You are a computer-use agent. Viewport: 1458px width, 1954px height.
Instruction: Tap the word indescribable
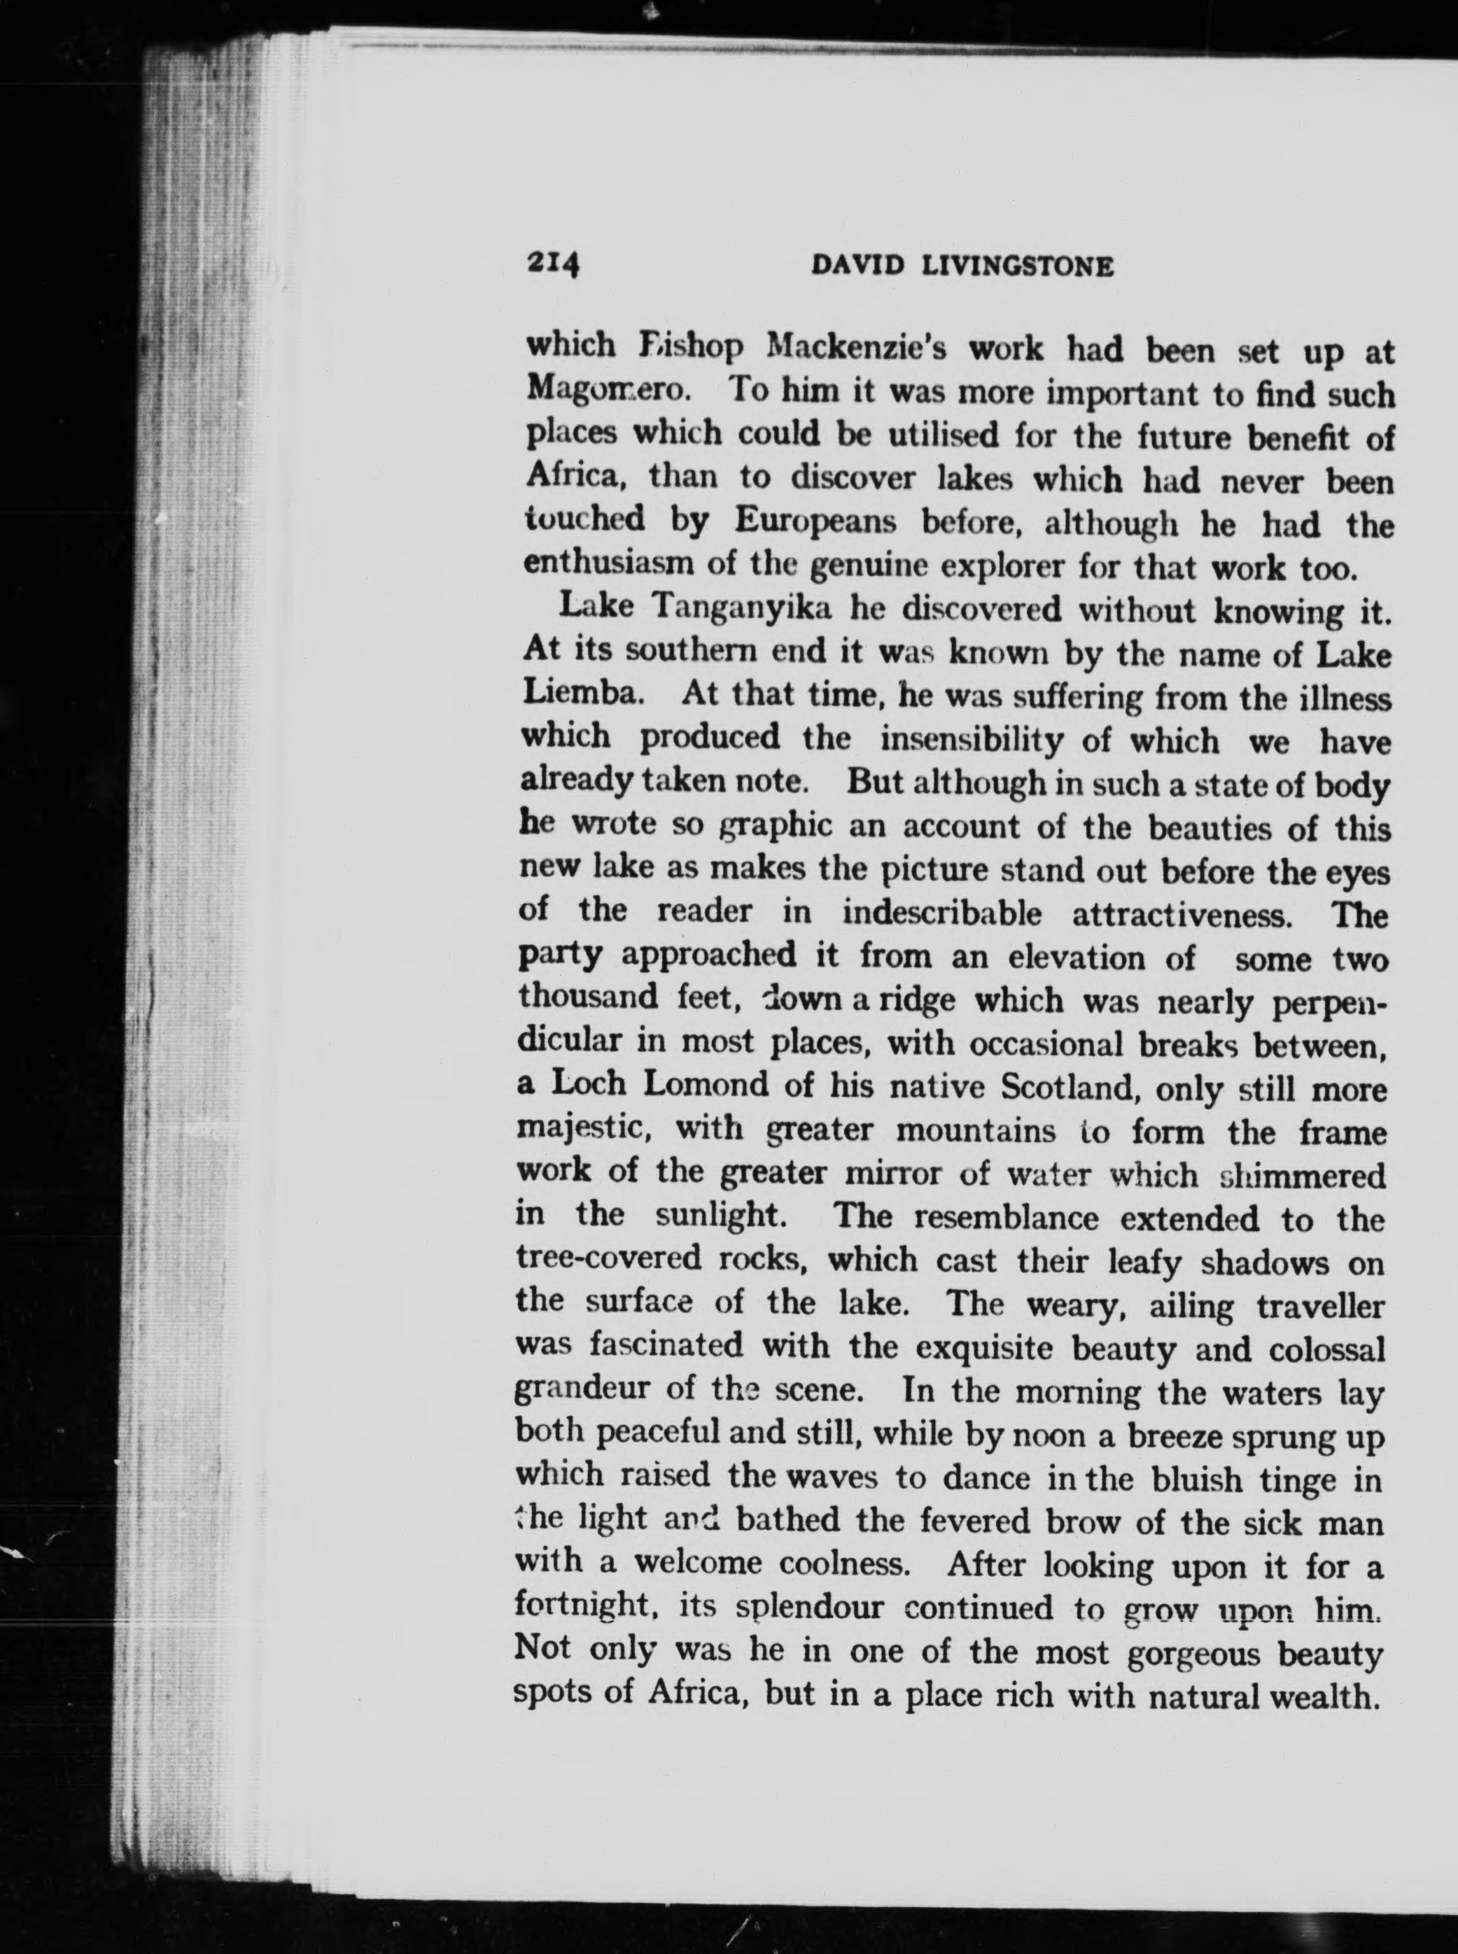[941, 913]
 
